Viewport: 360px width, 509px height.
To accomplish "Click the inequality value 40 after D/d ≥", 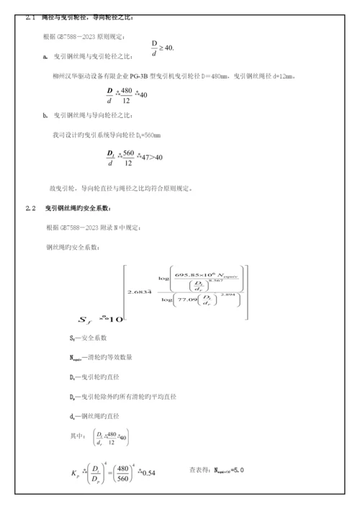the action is coord(168,48).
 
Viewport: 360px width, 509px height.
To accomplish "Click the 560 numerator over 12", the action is coord(128,152).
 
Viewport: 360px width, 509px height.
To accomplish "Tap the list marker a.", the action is coord(45,55).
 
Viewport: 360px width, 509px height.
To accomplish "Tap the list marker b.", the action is coord(45,115).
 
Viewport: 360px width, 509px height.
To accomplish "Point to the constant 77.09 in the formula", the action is coord(186,296).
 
